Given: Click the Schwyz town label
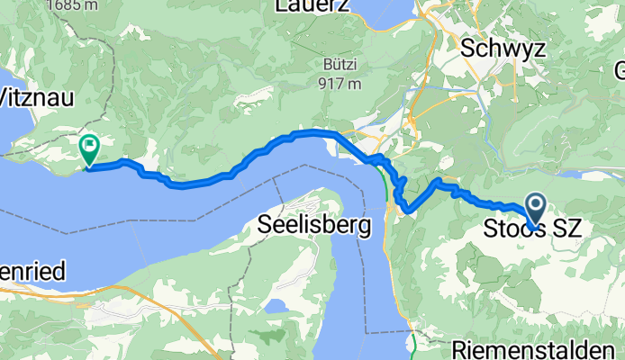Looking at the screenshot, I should [x=503, y=49].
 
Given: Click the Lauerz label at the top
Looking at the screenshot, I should [x=314, y=7].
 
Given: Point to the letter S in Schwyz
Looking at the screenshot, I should [x=468, y=49].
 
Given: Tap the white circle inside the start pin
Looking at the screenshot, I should [x=534, y=206].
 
